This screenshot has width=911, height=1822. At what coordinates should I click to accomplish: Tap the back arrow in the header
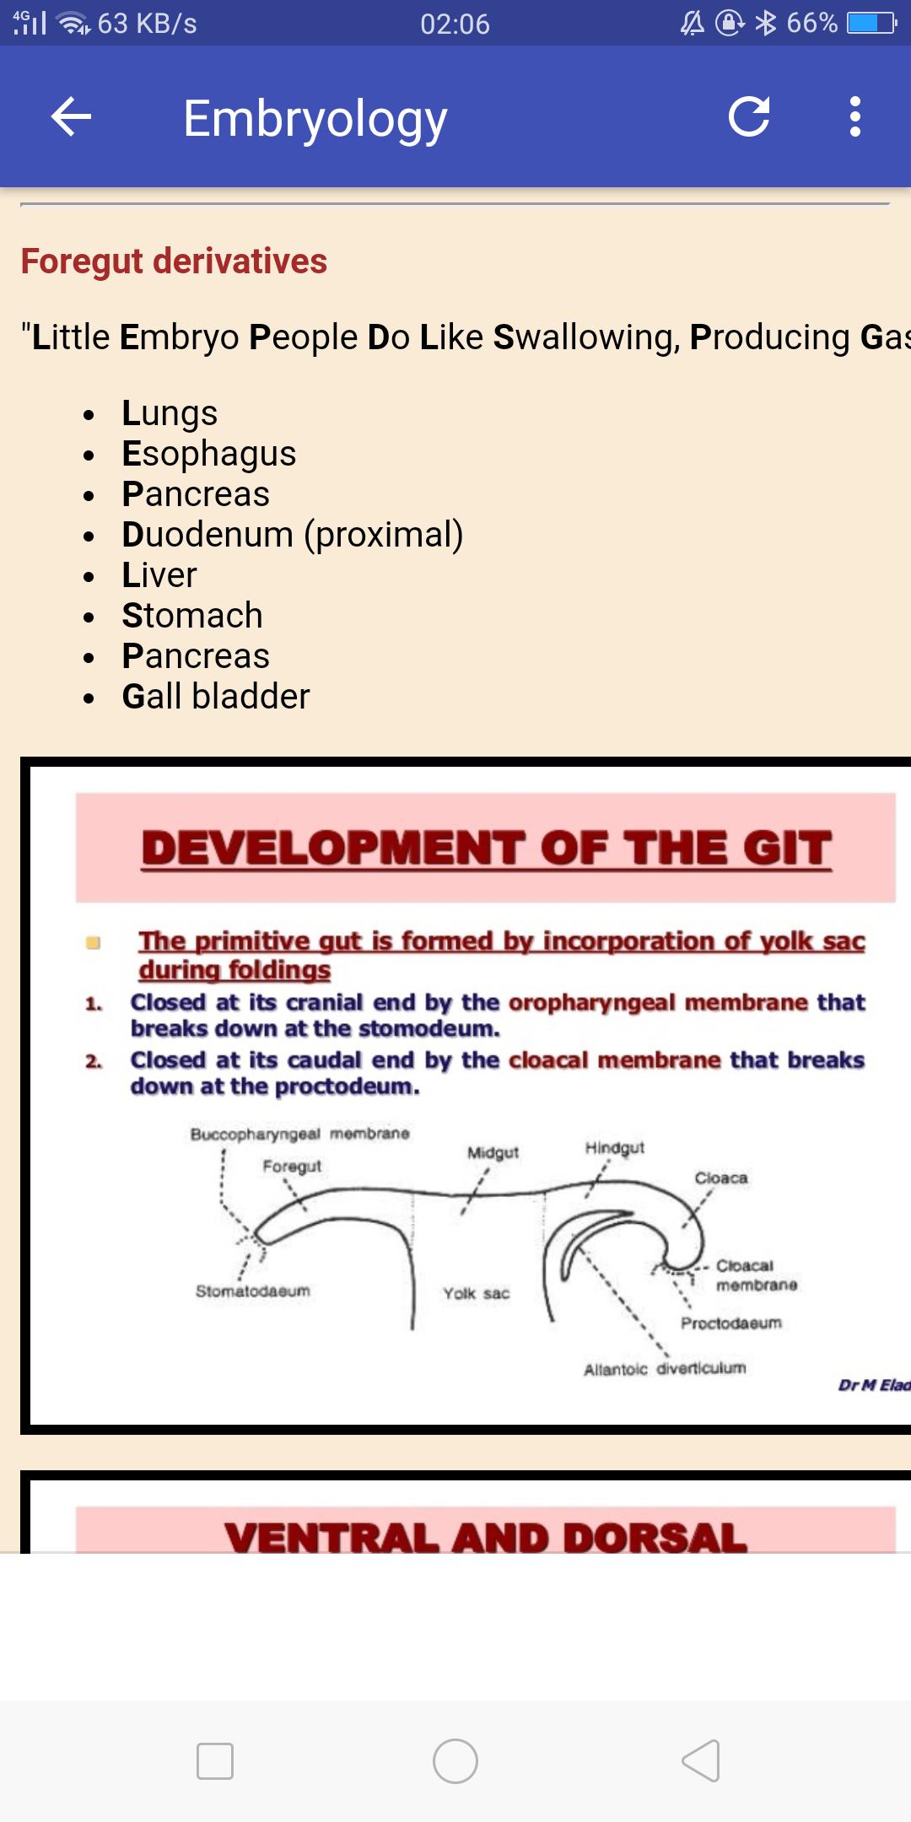(71, 116)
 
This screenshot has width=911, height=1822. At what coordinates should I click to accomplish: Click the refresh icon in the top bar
(749, 116)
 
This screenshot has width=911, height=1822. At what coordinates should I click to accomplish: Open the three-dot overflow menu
(855, 116)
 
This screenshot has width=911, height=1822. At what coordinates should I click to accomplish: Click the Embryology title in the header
(315, 120)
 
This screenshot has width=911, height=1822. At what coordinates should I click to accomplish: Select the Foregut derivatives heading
(174, 261)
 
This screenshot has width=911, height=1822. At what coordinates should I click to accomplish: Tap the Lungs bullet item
(170, 413)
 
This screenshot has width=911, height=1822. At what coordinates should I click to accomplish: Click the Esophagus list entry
(209, 454)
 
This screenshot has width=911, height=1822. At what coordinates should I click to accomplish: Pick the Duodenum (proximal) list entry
(293, 535)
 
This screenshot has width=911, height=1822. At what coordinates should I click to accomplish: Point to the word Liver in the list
(159, 575)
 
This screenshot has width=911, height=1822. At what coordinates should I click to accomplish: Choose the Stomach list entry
(192, 616)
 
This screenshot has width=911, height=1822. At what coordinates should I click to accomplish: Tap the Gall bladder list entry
(216, 697)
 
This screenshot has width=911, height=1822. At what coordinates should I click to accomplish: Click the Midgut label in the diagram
(493, 1153)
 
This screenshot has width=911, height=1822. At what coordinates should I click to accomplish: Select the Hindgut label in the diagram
(615, 1148)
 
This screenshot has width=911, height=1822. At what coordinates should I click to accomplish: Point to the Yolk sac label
(477, 1293)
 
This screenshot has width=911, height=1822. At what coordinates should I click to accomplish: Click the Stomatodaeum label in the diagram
(253, 1291)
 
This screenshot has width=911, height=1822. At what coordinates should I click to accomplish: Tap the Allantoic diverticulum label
(665, 1368)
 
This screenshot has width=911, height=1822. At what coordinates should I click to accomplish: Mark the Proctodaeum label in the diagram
(731, 1323)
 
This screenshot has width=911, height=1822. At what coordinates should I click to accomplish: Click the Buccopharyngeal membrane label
(299, 1134)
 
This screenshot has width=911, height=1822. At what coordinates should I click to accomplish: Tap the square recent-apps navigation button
(215, 1761)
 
